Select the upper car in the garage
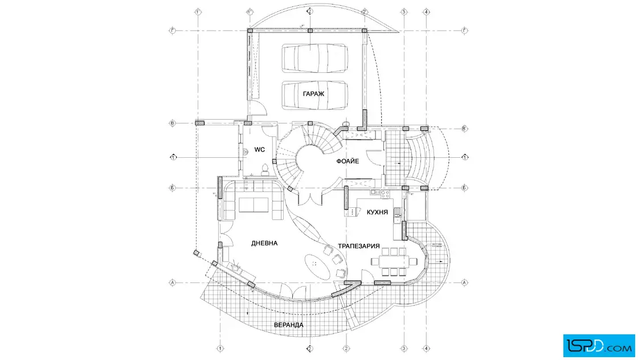[x=315, y=58]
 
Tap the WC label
[x=259, y=150]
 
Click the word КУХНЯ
[x=378, y=211]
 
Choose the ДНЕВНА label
[x=264, y=243]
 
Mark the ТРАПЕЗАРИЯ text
[x=359, y=246]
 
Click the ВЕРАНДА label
[x=288, y=325]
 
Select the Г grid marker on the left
[x=172, y=30]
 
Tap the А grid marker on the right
[x=464, y=283]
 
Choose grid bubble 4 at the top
[x=426, y=11]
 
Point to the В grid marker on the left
[x=172, y=122]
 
